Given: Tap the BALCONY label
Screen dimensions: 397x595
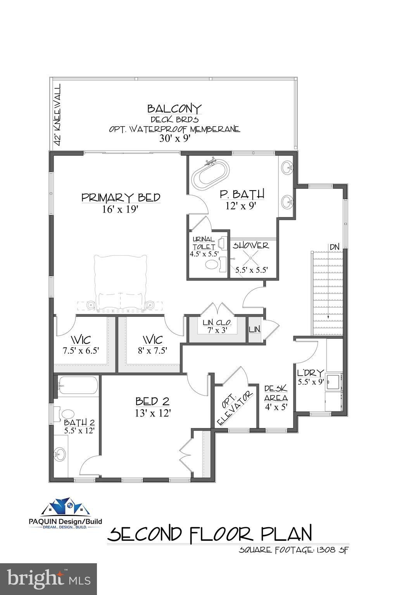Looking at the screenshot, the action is pos(174,108).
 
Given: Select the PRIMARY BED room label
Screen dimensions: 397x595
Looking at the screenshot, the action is pos(121,198).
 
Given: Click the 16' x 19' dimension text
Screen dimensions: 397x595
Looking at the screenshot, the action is pos(120,210).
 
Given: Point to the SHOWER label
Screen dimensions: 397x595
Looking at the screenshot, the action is pos(251,246).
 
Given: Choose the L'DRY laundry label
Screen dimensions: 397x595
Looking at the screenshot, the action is pos(311,373).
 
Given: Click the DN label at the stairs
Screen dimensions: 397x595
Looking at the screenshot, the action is pos(335,247).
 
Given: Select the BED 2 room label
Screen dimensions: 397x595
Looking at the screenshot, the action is pos(152,401).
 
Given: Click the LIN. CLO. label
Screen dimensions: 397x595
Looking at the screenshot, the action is pos(217,323).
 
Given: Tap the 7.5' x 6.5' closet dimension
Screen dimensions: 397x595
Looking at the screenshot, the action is pos(81,351).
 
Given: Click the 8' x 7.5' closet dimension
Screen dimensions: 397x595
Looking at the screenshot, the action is pos(152,351).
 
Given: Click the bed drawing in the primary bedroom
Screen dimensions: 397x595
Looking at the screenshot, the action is pos(120,284).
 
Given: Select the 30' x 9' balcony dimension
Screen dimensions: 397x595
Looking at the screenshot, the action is pos(175,138).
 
